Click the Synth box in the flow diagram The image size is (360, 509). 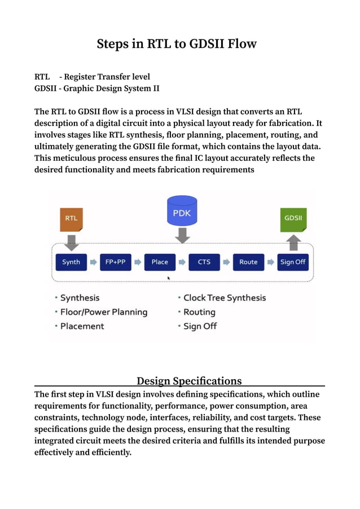[x=71, y=262]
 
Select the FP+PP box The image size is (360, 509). [x=115, y=262]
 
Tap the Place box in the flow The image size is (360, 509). [x=160, y=262]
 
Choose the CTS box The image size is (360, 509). [x=204, y=262]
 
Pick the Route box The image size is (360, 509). [x=248, y=262]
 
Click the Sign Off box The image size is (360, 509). [x=293, y=262]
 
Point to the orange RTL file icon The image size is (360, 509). [x=71, y=219]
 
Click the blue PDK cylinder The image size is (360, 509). [x=182, y=211]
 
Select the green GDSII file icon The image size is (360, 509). [x=293, y=219]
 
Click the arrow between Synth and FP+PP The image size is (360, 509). [x=94, y=262]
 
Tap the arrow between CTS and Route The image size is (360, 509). [x=226, y=262]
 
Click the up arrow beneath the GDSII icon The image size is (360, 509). [x=293, y=243]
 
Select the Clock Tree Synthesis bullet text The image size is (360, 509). [x=225, y=298]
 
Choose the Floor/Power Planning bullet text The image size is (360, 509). [x=104, y=312]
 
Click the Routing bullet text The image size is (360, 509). [x=199, y=312]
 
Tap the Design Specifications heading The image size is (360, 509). [x=189, y=381]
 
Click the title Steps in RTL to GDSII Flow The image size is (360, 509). [x=177, y=43]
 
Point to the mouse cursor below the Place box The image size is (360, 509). [x=169, y=278]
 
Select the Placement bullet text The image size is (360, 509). [x=82, y=326]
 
